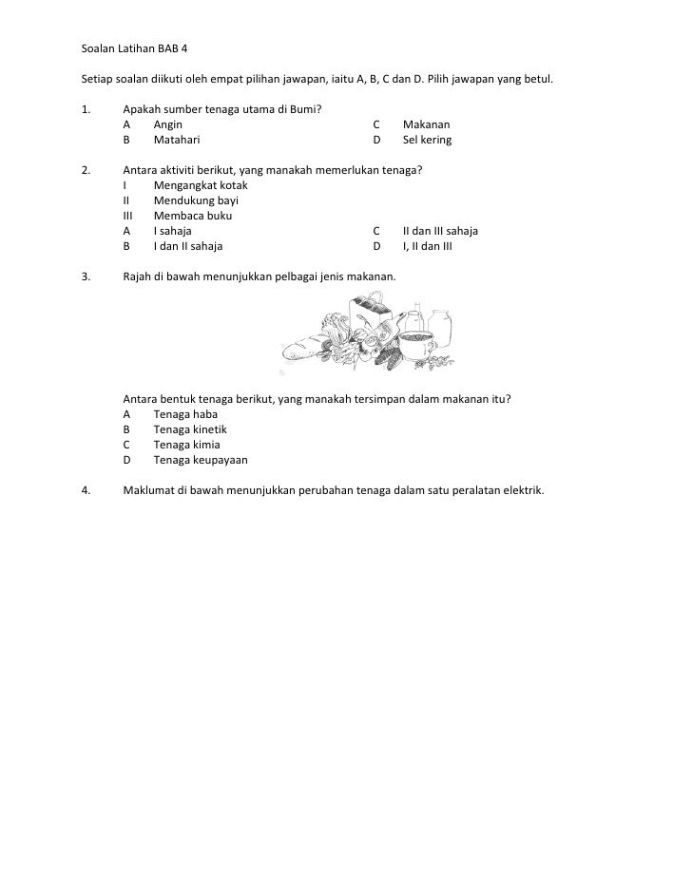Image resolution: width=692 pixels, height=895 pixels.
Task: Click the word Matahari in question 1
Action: tap(177, 140)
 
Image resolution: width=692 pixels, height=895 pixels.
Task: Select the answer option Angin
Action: tap(169, 124)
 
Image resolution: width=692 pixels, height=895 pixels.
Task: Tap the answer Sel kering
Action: tap(427, 140)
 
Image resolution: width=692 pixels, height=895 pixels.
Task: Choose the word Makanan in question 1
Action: tap(427, 124)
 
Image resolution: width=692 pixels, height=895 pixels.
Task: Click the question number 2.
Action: tap(86, 170)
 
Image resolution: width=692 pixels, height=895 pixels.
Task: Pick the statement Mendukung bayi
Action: tap(196, 200)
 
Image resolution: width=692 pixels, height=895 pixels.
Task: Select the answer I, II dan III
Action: tap(428, 246)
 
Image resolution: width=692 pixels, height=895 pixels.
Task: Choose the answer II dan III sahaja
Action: tap(440, 231)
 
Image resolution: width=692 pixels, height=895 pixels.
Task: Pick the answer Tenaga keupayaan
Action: tap(200, 459)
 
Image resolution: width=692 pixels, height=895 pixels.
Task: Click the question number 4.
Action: tap(86, 489)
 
